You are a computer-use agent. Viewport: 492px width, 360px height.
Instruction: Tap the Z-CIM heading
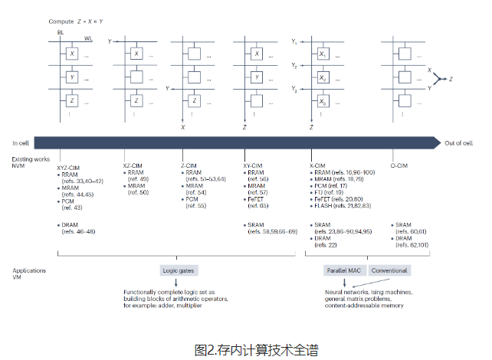[x=191, y=165]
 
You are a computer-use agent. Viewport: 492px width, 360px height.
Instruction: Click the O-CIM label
[x=402, y=165]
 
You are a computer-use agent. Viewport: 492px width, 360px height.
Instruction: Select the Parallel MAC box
[x=343, y=270]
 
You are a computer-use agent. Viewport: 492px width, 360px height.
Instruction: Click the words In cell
[x=21, y=142]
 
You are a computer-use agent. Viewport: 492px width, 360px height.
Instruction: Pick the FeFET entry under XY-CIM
[x=261, y=200]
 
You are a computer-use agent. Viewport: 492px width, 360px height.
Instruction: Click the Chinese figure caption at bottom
[x=246, y=349]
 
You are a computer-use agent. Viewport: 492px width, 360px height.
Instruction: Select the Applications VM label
[x=29, y=273]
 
